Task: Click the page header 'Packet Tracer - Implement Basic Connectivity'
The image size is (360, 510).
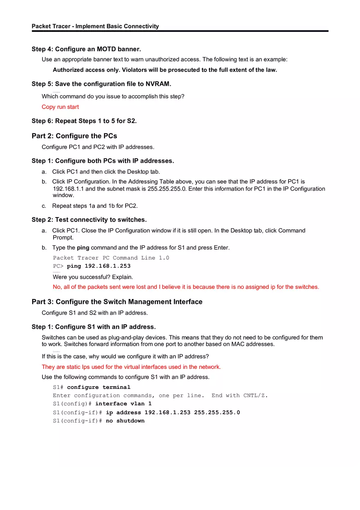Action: (95, 26)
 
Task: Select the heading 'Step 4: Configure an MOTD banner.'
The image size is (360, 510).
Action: (86, 49)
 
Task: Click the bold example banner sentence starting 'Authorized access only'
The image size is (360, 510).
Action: (164, 70)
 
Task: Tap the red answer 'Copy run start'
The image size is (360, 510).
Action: (60, 107)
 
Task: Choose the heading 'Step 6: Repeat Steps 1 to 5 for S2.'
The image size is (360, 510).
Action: (84, 121)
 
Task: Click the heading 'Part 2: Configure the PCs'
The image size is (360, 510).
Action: (74, 136)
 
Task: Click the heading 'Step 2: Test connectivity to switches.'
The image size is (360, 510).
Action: (89, 220)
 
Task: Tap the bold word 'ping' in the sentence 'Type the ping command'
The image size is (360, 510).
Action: (83, 248)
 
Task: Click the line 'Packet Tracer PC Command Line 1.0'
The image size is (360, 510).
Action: (111, 258)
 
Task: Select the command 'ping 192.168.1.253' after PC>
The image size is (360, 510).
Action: (99, 266)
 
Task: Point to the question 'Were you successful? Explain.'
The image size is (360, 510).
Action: (92, 277)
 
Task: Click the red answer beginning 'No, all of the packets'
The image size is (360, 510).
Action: (186, 287)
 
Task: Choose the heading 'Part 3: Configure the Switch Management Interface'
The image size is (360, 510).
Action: (117, 302)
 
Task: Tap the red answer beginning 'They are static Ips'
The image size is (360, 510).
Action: (131, 367)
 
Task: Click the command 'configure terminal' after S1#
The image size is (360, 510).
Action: (99, 387)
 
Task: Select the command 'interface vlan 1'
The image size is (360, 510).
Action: (123, 404)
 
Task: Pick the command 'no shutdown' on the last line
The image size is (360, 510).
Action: (125, 421)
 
